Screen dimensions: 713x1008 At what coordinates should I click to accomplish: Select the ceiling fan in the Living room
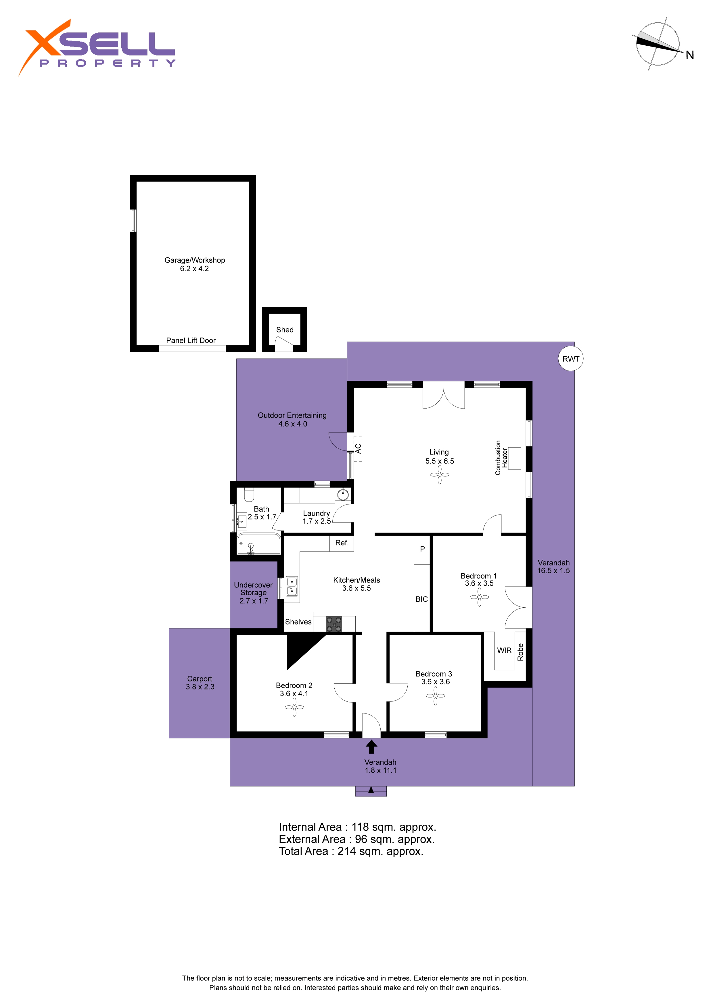pos(439,475)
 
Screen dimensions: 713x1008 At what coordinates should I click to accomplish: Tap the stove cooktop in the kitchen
pos(334,624)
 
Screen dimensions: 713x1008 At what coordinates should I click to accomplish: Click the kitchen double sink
pos(292,586)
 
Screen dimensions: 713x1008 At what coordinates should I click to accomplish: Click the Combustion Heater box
pos(514,458)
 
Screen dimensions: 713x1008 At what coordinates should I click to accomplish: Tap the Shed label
pos(285,330)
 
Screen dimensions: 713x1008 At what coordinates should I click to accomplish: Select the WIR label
pos(504,650)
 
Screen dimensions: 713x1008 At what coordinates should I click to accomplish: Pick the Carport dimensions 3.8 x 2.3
pos(200,687)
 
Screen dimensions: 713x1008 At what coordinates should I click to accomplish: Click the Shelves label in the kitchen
pos(298,622)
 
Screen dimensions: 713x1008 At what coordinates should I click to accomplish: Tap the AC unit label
pos(358,448)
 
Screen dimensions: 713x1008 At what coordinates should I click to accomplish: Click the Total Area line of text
pos(351,851)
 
